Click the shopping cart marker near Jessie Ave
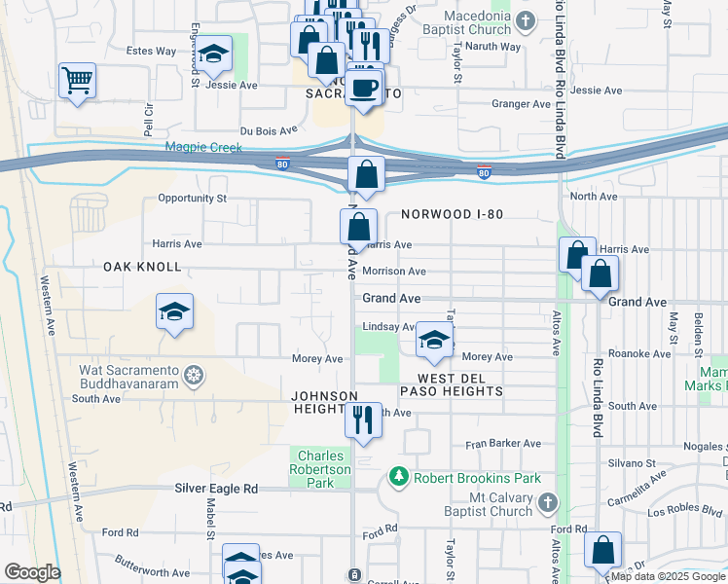[x=77, y=81]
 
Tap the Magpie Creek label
[x=202, y=147]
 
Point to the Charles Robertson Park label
[x=324, y=462]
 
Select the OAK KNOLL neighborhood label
[x=142, y=266]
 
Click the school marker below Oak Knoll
[x=174, y=311]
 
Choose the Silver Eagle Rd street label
[x=216, y=488]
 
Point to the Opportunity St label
[x=192, y=198]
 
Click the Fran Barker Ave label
[x=502, y=443]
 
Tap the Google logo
[x=32, y=572]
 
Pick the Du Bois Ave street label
[x=269, y=129]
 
